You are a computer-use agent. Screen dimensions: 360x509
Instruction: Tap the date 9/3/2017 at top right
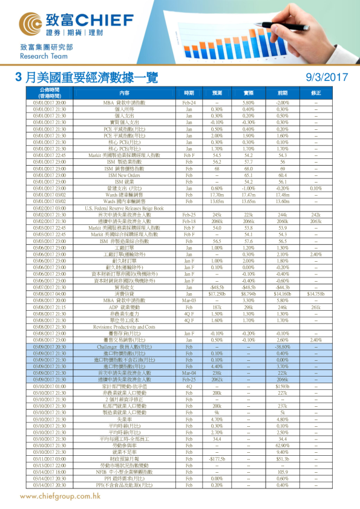(x=327, y=77)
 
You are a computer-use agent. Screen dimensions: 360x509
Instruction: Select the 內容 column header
(x=124, y=93)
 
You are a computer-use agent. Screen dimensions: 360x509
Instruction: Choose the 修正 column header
(x=316, y=93)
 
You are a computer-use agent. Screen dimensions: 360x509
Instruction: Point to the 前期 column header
(x=282, y=93)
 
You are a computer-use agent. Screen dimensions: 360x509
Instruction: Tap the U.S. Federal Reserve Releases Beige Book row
(x=124, y=208)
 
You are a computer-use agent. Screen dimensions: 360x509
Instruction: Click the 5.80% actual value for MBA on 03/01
(x=249, y=103)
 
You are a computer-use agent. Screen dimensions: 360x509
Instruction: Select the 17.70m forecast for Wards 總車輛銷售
(x=217, y=194)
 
